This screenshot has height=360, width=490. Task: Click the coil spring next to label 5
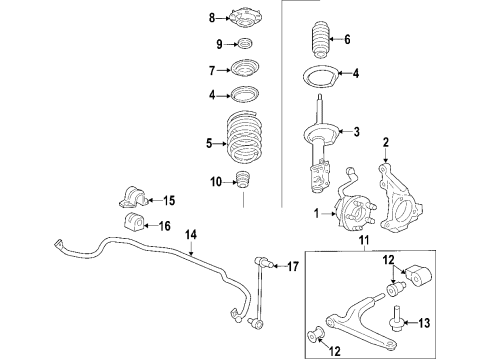tap(243, 144)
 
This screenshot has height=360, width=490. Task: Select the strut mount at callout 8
tap(243, 17)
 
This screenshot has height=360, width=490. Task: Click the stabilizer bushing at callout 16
tap(132, 221)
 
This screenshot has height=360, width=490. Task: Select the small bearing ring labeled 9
tap(243, 44)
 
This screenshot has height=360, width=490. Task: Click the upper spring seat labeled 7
tap(243, 69)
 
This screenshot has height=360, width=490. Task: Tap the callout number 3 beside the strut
tap(354, 131)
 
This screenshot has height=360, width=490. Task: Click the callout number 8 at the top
tap(211, 17)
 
